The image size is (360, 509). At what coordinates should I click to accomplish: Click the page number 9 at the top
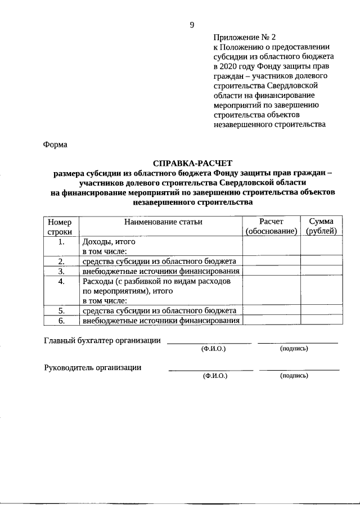point(192,24)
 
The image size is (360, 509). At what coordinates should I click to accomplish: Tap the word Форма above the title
point(55,145)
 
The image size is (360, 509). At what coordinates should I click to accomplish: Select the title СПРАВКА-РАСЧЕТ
point(192,163)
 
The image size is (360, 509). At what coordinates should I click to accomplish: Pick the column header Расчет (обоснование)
point(271,226)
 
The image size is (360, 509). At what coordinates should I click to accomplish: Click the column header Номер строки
point(60,226)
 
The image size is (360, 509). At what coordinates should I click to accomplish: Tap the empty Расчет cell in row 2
point(271,261)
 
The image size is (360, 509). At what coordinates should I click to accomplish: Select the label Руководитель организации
point(92,367)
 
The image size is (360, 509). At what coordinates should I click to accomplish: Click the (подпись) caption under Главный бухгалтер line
point(294,349)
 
